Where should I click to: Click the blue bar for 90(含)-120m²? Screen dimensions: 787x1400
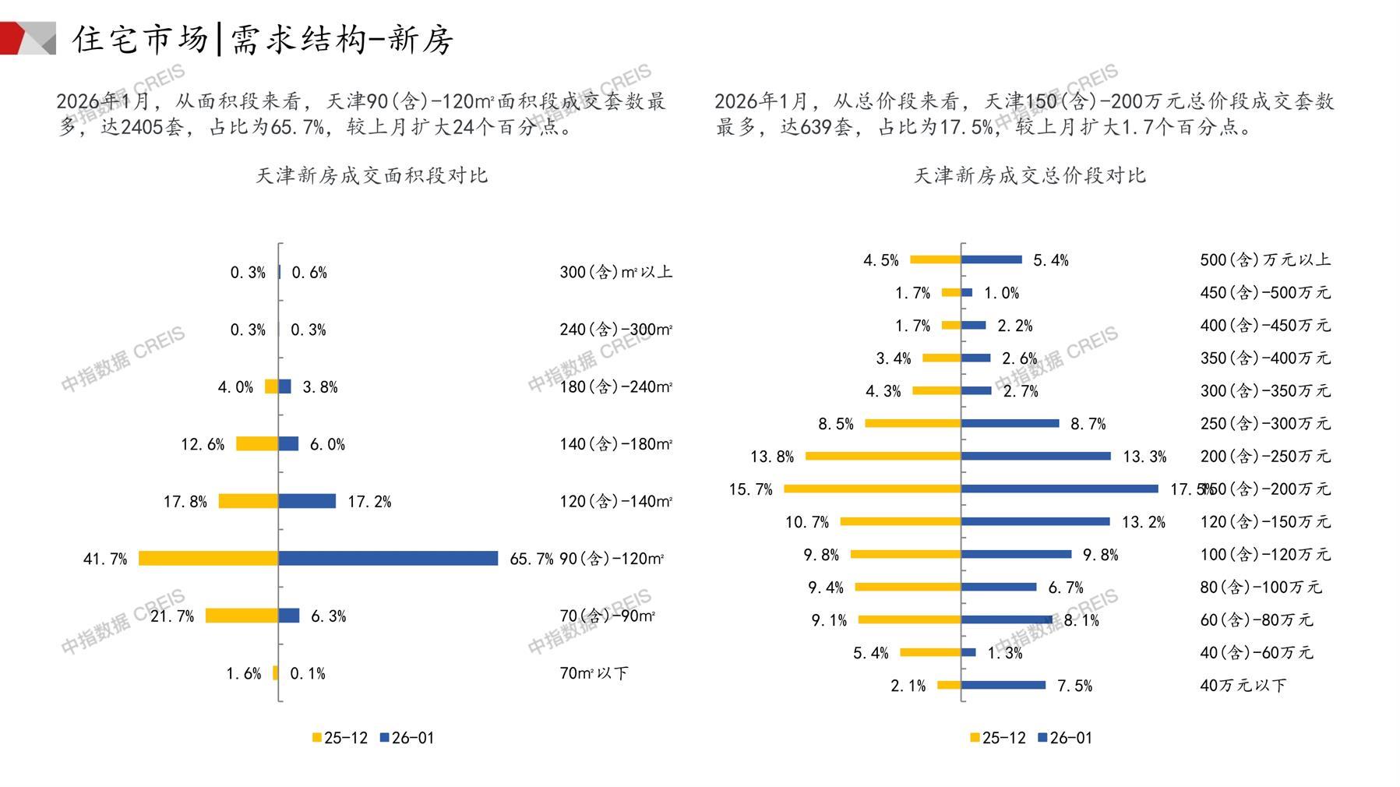[x=388, y=558]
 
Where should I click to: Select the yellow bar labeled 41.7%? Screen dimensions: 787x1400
[x=208, y=558]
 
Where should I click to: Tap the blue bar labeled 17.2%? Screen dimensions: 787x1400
[x=307, y=501]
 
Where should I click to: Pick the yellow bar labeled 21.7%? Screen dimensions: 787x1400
[x=242, y=616]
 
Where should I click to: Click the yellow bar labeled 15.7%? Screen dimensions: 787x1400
[x=872, y=489]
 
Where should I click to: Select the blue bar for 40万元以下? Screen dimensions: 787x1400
[x=1003, y=685]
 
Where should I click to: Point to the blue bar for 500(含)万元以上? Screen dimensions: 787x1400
[x=992, y=259]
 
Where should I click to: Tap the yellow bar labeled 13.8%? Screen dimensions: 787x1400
[x=883, y=456]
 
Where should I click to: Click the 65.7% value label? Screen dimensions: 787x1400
[x=531, y=559]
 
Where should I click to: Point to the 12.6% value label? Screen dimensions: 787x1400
[x=203, y=444]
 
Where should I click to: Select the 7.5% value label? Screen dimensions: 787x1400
[x=1074, y=686]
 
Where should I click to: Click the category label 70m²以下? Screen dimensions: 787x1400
[x=594, y=673]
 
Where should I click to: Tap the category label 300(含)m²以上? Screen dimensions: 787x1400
[x=615, y=272]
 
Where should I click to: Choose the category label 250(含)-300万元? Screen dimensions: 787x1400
[x=1265, y=423]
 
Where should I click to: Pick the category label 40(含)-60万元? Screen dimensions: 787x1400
[x=1256, y=652]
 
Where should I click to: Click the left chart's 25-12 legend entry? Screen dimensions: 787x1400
[x=340, y=738]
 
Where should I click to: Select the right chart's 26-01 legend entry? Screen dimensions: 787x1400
[x=1065, y=738]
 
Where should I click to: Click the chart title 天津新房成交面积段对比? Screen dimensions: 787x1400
[x=372, y=175]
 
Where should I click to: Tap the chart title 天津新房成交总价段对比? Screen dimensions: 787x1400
[x=1029, y=175]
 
